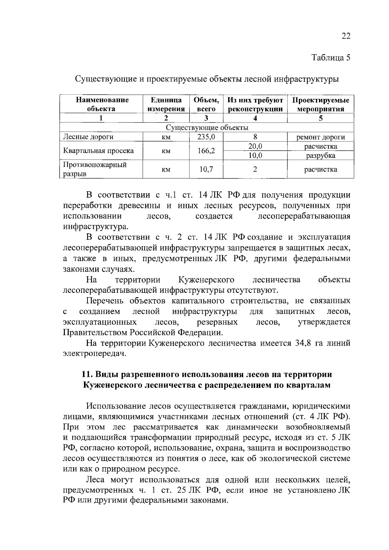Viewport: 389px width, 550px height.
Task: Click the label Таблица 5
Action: [x=331, y=58]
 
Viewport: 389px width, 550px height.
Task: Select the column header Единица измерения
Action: [x=166, y=104]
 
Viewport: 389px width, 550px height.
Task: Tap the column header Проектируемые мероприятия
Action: [x=320, y=104]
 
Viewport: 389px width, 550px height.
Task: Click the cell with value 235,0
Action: [x=206, y=137]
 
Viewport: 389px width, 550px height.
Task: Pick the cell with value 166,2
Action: [x=206, y=151]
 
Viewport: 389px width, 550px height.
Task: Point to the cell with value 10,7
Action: [x=206, y=169]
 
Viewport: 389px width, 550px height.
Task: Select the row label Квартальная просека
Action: [x=98, y=151]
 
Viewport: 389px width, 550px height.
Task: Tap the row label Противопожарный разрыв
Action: [x=94, y=169]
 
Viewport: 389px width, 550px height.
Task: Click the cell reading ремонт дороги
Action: [x=321, y=137]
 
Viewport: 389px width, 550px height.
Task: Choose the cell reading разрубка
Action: [x=321, y=156]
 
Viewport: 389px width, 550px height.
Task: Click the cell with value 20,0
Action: [x=255, y=146]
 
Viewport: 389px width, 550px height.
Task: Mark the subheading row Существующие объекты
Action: [x=207, y=127]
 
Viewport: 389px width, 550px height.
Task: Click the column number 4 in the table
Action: [x=255, y=118]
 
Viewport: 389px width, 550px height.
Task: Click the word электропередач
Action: [x=94, y=353]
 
